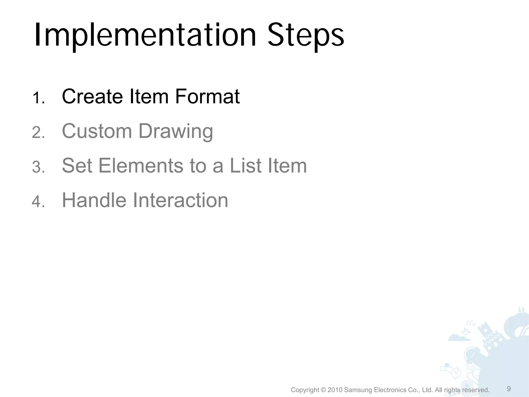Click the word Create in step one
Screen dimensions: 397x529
point(92,96)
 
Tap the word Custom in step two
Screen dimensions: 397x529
point(97,131)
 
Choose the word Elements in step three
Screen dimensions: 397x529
point(141,166)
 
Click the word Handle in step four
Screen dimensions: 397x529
point(94,200)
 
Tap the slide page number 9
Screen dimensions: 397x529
point(509,389)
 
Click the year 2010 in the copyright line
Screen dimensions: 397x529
point(335,390)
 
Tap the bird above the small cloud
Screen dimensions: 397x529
point(465,331)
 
